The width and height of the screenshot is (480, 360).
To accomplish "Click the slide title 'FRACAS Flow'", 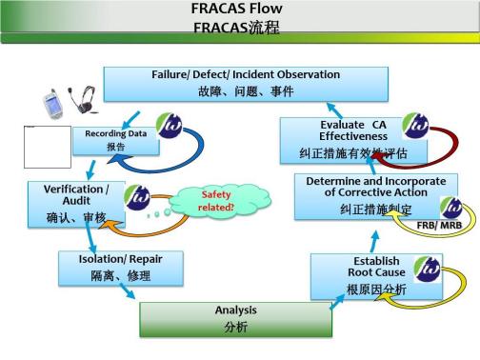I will click(x=237, y=10).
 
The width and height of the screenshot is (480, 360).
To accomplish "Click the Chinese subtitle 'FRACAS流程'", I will click(x=237, y=28).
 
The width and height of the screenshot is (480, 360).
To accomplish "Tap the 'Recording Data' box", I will click(x=114, y=140).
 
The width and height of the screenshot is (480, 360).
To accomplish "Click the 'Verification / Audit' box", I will click(x=77, y=203).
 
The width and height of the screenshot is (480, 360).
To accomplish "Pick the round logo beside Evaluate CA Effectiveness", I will click(x=415, y=126).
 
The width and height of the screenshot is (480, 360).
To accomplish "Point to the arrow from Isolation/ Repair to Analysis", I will click(x=123, y=296).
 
